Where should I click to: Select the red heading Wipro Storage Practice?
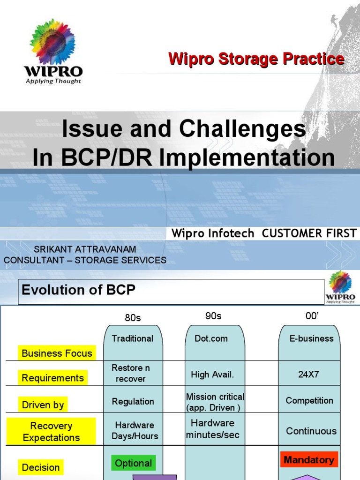click(256, 59)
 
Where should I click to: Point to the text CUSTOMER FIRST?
click(309, 233)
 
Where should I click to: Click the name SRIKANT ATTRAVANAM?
click(85, 249)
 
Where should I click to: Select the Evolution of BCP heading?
click(78, 290)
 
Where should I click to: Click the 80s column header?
click(133, 318)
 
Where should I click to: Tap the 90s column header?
click(213, 316)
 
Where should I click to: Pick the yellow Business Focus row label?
click(57, 353)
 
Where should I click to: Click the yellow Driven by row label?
click(43, 405)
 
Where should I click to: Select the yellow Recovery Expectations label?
click(52, 432)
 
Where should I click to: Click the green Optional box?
click(134, 463)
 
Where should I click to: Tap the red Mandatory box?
click(309, 460)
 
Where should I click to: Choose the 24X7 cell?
click(309, 375)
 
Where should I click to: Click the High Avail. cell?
click(212, 375)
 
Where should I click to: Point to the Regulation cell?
click(133, 402)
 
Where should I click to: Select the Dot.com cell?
click(211, 338)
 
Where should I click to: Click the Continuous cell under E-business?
click(311, 431)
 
